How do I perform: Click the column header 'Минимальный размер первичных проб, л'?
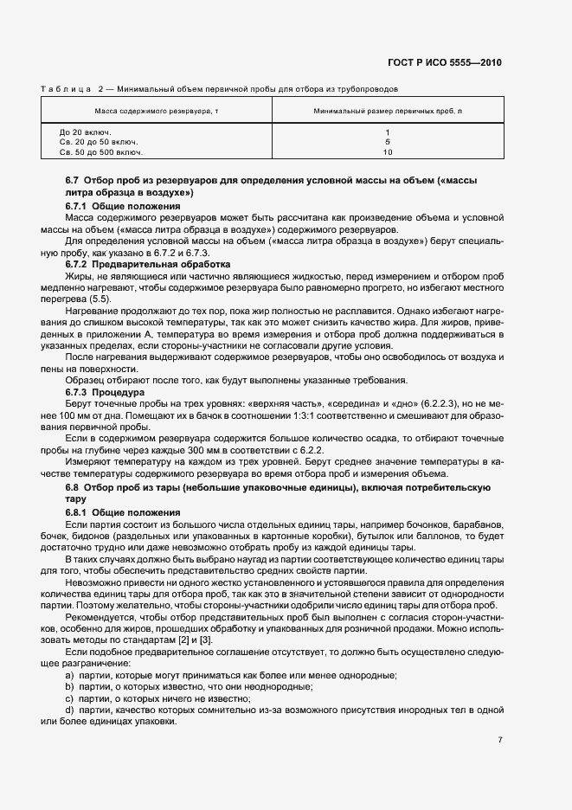click(x=388, y=112)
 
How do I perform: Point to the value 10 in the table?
click(x=388, y=151)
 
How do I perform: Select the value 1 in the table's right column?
click(x=388, y=132)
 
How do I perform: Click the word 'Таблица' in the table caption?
click(x=66, y=88)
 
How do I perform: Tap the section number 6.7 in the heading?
click(x=73, y=179)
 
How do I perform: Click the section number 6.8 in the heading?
click(x=73, y=488)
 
